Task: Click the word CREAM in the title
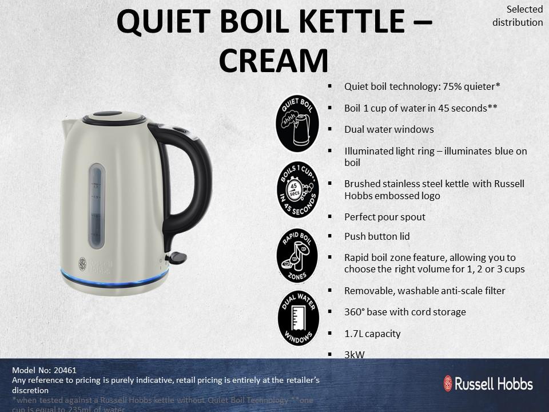[x=274, y=61]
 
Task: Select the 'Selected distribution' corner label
[x=517, y=16]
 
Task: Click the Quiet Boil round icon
[x=297, y=123]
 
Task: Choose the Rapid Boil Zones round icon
[x=297, y=255]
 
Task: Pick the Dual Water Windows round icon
[x=297, y=318]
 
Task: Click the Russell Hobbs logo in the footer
[x=488, y=383]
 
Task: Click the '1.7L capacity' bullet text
[x=372, y=334]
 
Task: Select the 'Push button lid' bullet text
[x=376, y=236]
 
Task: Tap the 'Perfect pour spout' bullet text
[x=384, y=217]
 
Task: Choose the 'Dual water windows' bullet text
[x=388, y=129]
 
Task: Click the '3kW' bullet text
[x=354, y=355]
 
